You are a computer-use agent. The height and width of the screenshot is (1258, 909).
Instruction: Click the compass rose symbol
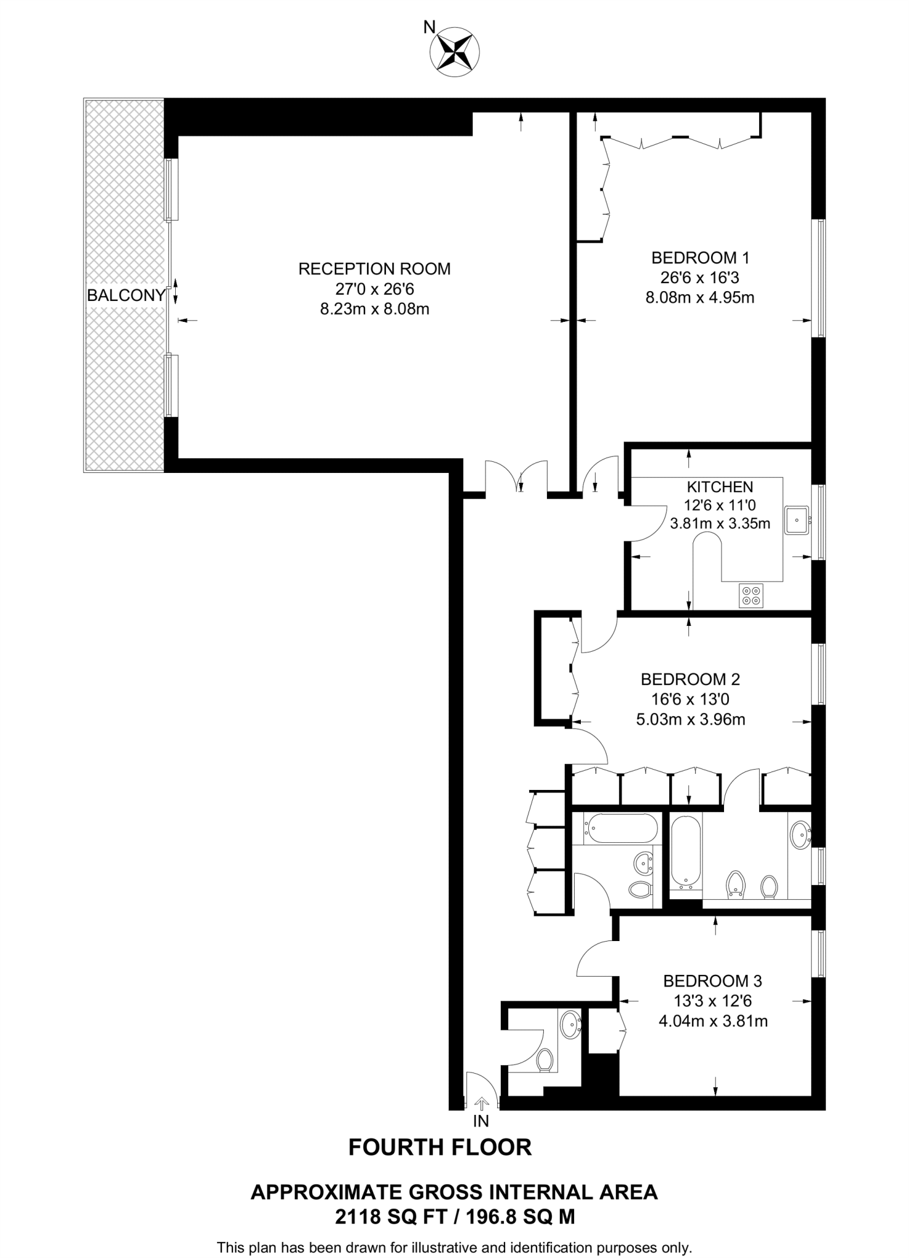pyautogui.click(x=455, y=52)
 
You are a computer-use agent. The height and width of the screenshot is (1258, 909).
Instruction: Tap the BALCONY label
pyautogui.click(x=125, y=295)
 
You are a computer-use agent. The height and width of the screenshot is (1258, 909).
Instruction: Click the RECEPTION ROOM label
pyautogui.click(x=374, y=269)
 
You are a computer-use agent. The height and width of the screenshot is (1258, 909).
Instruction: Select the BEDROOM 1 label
pyautogui.click(x=700, y=258)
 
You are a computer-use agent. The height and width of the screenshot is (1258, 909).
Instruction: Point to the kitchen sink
pyautogui.click(x=797, y=520)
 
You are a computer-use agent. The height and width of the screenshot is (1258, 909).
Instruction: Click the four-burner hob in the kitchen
pyautogui.click(x=751, y=595)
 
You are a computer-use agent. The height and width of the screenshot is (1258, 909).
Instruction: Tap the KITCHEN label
pyautogui.click(x=719, y=487)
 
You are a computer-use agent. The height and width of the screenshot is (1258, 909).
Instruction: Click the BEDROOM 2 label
pyautogui.click(x=690, y=679)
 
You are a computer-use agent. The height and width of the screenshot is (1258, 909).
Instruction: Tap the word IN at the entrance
pyautogui.click(x=481, y=1121)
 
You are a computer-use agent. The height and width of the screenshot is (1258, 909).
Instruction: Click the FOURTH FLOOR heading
pyautogui.click(x=439, y=1147)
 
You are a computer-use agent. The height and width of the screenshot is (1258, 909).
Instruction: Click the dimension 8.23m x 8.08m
pyautogui.click(x=374, y=309)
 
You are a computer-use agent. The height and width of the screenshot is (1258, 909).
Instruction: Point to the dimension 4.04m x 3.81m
pyautogui.click(x=712, y=1021)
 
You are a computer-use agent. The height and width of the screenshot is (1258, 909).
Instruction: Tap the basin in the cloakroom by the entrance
pyautogui.click(x=571, y=1024)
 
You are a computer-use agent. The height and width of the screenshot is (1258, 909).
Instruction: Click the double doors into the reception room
pyautogui.click(x=516, y=477)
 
